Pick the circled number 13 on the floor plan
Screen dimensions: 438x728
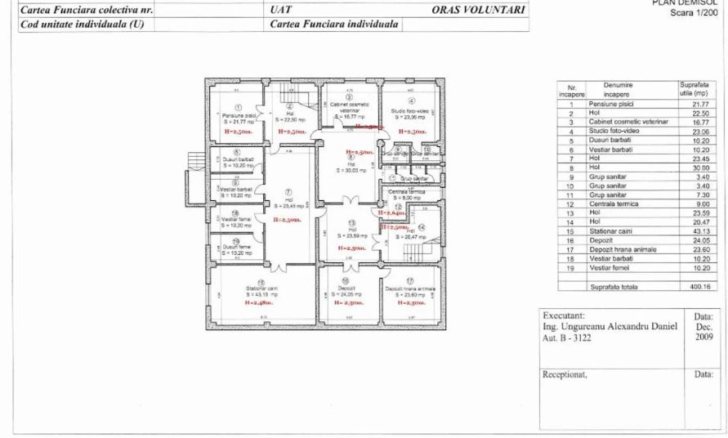tap(351, 222)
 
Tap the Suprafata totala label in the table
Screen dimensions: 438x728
tap(612, 288)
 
